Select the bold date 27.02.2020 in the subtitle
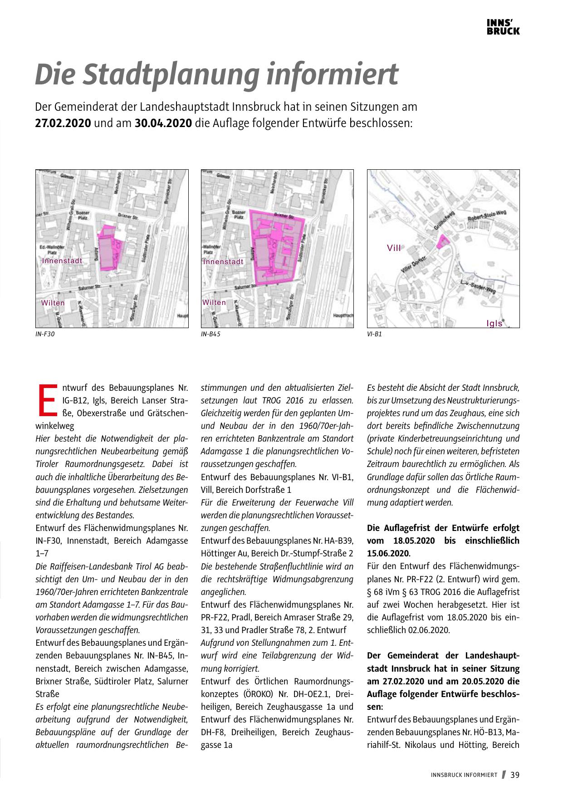tap(63, 123)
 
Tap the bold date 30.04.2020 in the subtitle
tap(163, 123)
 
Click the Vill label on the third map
tap(394, 248)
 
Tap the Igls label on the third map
tap(494, 324)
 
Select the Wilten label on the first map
tap(53, 303)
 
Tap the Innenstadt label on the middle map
tap(223, 262)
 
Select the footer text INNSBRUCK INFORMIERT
tap(464, 775)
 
